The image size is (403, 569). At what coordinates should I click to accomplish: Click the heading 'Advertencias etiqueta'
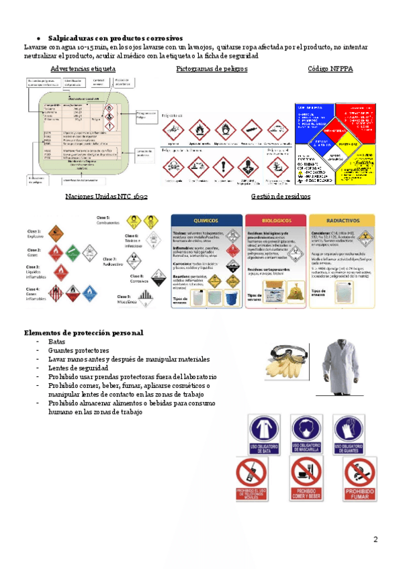tap(83, 69)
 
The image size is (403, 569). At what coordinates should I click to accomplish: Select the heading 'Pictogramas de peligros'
tap(212, 69)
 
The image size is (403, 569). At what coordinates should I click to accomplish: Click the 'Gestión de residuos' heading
tap(280, 196)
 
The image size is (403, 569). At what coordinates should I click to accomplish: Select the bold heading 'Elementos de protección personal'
tap(83, 333)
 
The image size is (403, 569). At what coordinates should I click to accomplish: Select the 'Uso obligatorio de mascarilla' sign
tap(308, 433)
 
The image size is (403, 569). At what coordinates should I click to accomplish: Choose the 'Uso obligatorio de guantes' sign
tap(351, 433)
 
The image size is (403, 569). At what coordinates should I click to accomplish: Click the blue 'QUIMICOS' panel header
tap(206, 219)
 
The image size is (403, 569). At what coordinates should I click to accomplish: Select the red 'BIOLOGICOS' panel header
tap(275, 219)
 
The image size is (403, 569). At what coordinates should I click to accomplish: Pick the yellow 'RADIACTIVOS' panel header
tap(341, 219)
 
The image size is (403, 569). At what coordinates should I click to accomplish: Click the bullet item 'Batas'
tap(57, 342)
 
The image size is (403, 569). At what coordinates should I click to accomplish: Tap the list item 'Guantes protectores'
tap(79, 351)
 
